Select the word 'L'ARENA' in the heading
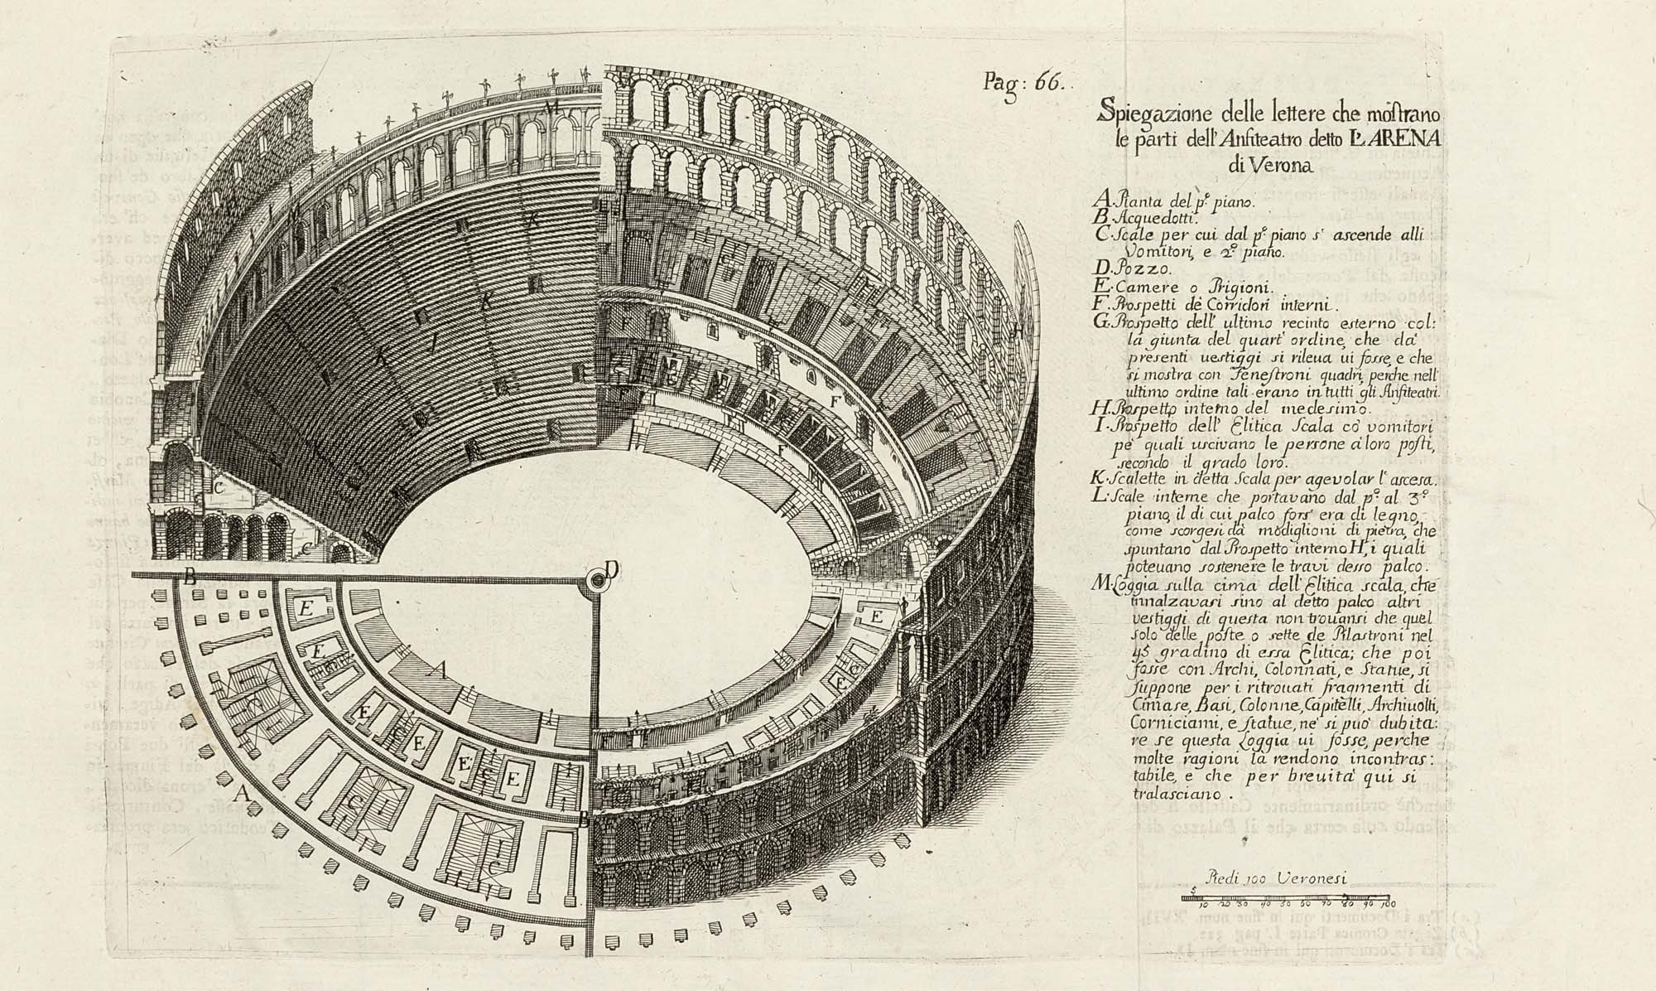click(x=1400, y=137)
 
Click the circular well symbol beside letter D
click(x=595, y=583)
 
